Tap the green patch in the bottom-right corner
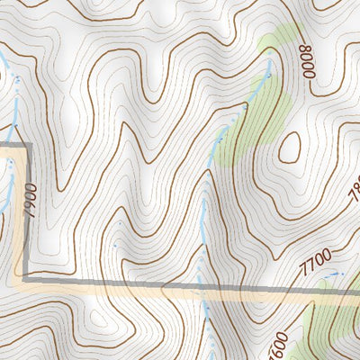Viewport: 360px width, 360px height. [333, 333]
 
